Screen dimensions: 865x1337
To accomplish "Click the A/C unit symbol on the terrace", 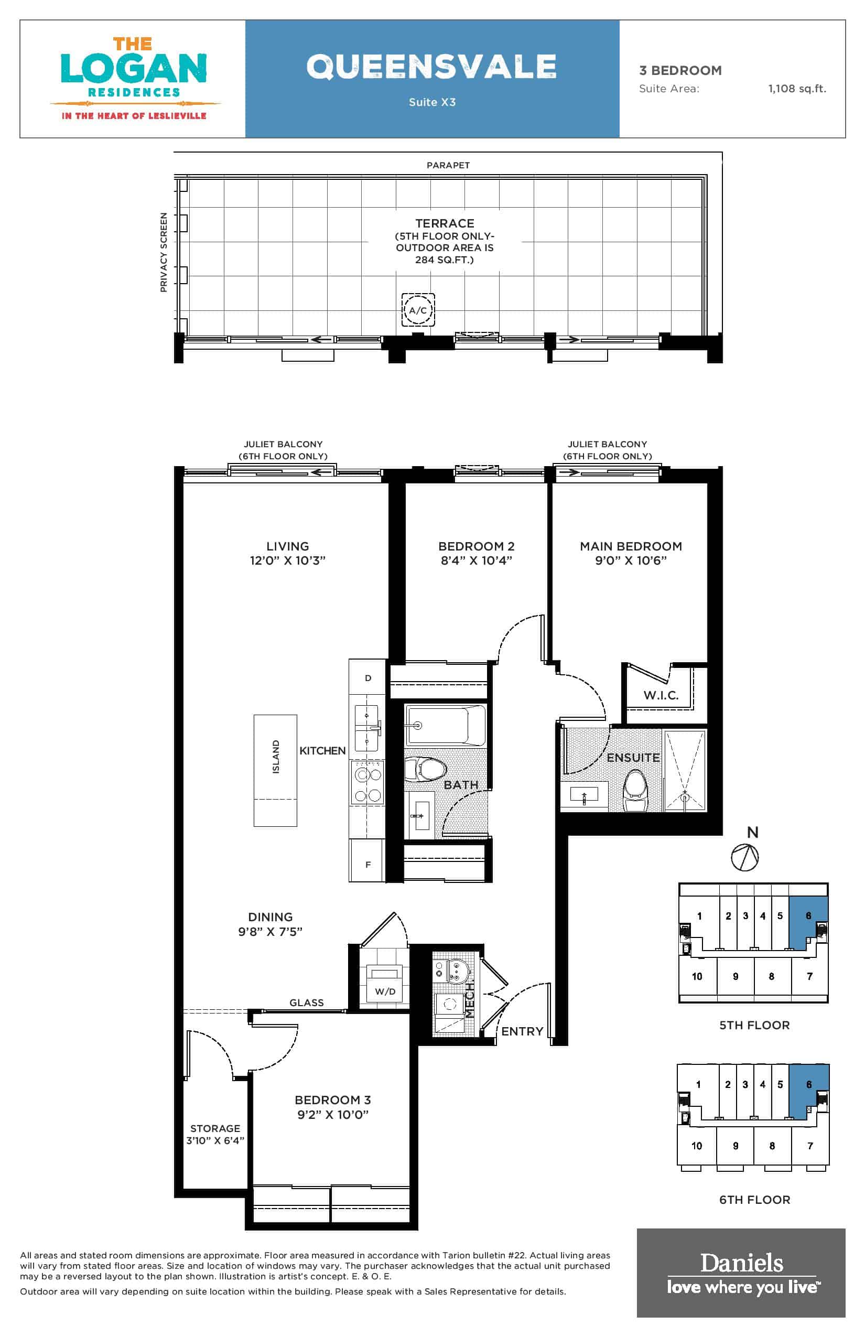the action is [418, 309].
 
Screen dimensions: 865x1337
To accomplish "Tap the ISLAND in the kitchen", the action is [275, 770].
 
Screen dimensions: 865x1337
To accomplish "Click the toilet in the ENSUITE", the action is [635, 790].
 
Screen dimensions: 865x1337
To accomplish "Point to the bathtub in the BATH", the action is [446, 725].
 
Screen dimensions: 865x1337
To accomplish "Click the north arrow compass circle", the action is [745, 858].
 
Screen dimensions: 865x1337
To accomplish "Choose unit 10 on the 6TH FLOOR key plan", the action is [697, 1146].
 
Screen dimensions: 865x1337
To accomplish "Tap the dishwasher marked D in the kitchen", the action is [367, 677].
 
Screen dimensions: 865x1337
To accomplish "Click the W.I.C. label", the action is [661, 695].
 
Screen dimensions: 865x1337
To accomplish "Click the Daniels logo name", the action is [741, 1263].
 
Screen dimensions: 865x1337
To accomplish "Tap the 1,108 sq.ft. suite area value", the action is [797, 88].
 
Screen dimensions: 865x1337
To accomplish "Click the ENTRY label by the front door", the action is [522, 1031].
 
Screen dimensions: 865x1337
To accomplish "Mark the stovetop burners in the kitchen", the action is [367, 782].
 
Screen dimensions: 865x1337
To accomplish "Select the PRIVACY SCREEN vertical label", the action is [164, 252].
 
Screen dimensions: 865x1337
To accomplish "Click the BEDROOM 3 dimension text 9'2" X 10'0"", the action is [333, 1115].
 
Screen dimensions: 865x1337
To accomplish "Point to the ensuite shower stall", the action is [685, 770].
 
